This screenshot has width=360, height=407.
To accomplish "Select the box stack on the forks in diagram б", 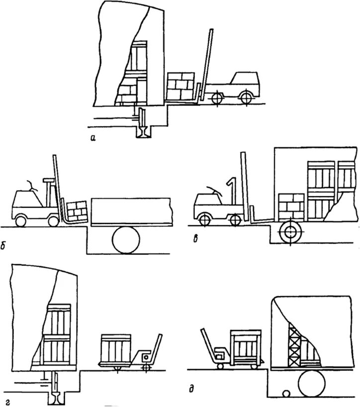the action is (77, 210).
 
